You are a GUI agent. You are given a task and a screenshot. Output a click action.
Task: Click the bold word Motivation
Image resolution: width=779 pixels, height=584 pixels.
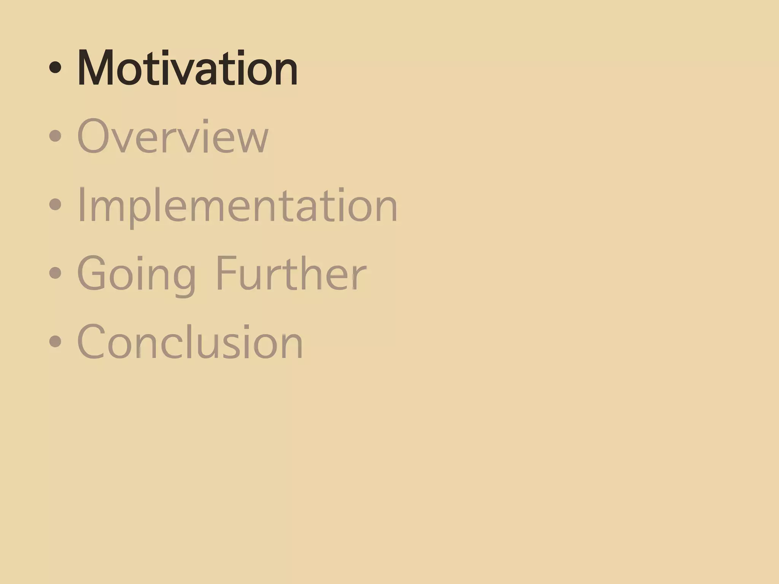pyautogui.click(x=187, y=68)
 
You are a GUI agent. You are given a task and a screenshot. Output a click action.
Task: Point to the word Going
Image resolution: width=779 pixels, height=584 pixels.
pyautogui.click(x=137, y=274)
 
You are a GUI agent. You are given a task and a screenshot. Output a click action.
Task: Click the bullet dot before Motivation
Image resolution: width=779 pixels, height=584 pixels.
pyautogui.click(x=55, y=68)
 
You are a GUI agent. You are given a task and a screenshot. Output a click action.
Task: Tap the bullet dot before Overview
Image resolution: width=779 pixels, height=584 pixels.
pyautogui.click(x=55, y=136)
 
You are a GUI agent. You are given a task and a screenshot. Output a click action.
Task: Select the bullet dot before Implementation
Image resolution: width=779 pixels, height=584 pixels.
pyautogui.click(x=55, y=204)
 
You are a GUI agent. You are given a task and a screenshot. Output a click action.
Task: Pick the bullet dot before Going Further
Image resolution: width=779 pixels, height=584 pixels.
pyautogui.click(x=55, y=273)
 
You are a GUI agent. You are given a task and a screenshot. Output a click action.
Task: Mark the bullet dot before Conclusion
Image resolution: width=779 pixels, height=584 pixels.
pyautogui.click(x=55, y=341)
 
